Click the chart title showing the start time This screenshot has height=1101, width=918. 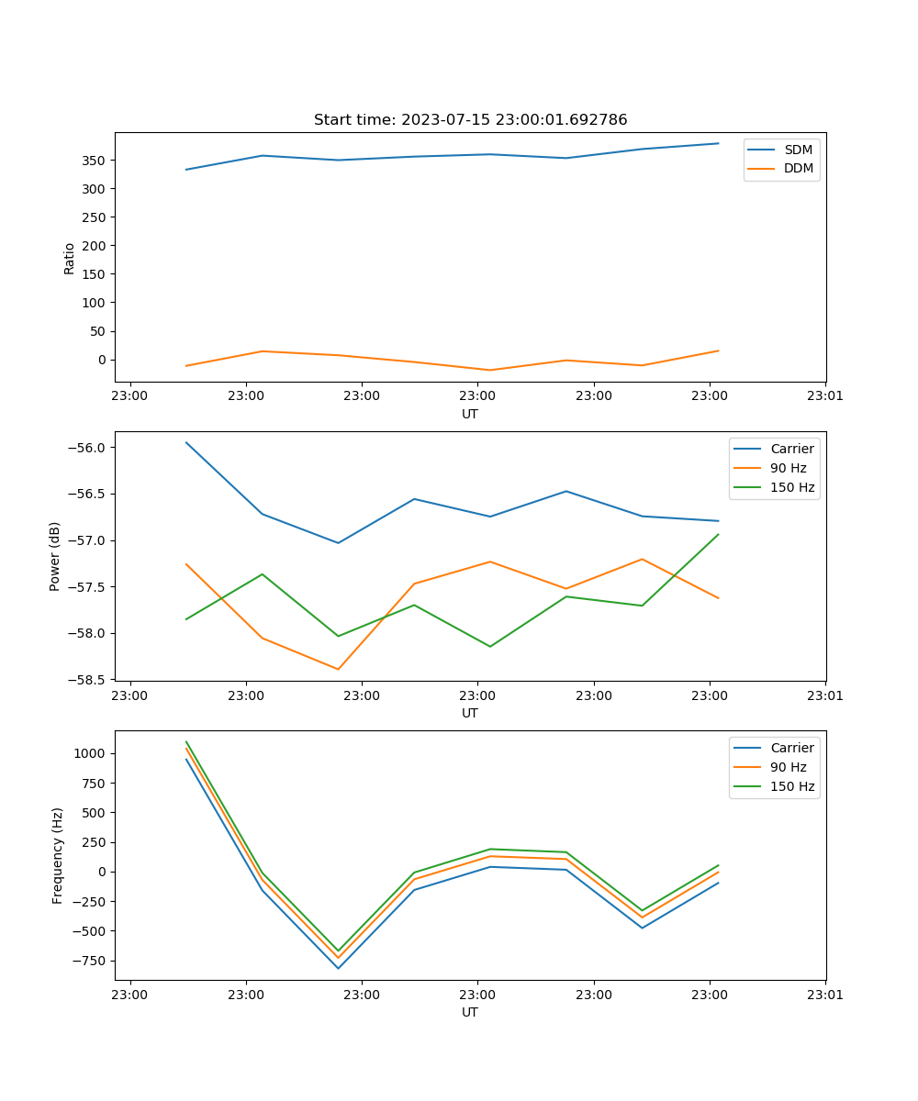click(x=470, y=120)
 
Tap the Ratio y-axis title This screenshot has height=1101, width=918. click(x=70, y=258)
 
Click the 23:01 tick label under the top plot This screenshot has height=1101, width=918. click(x=825, y=396)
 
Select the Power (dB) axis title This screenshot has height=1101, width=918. click(x=55, y=556)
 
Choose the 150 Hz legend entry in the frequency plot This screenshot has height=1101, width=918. click(x=792, y=786)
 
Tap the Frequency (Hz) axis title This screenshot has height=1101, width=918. click(x=57, y=855)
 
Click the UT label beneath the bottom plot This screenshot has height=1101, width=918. click(x=470, y=1012)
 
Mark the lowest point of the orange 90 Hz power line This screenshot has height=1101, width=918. click(x=338, y=669)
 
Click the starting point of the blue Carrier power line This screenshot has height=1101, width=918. click(x=186, y=442)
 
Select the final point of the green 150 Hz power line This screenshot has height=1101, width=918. click(x=718, y=534)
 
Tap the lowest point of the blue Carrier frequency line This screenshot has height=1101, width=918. click(x=338, y=968)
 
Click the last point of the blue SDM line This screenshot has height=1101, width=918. click(x=718, y=143)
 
